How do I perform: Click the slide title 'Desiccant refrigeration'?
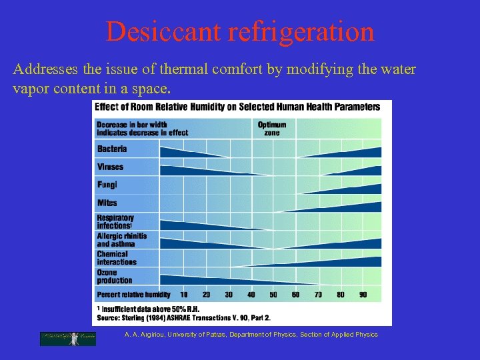240,31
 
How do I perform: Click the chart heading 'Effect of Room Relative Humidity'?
237,106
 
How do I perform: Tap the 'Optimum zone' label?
272,128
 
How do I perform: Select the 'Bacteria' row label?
111,149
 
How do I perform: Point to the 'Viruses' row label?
110,167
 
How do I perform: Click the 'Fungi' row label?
107,185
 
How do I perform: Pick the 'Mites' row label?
107,203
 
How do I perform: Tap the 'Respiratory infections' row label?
115,221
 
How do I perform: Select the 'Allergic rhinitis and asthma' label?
121,240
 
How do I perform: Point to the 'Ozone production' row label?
115,276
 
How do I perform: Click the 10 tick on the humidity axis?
184,294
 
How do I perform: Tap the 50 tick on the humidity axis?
273,294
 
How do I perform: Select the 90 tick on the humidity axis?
363,294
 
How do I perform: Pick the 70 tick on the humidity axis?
318,294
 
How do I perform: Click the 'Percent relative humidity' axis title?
133,294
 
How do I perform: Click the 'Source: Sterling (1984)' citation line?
183,317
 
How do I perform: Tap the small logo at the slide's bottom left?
68,339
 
